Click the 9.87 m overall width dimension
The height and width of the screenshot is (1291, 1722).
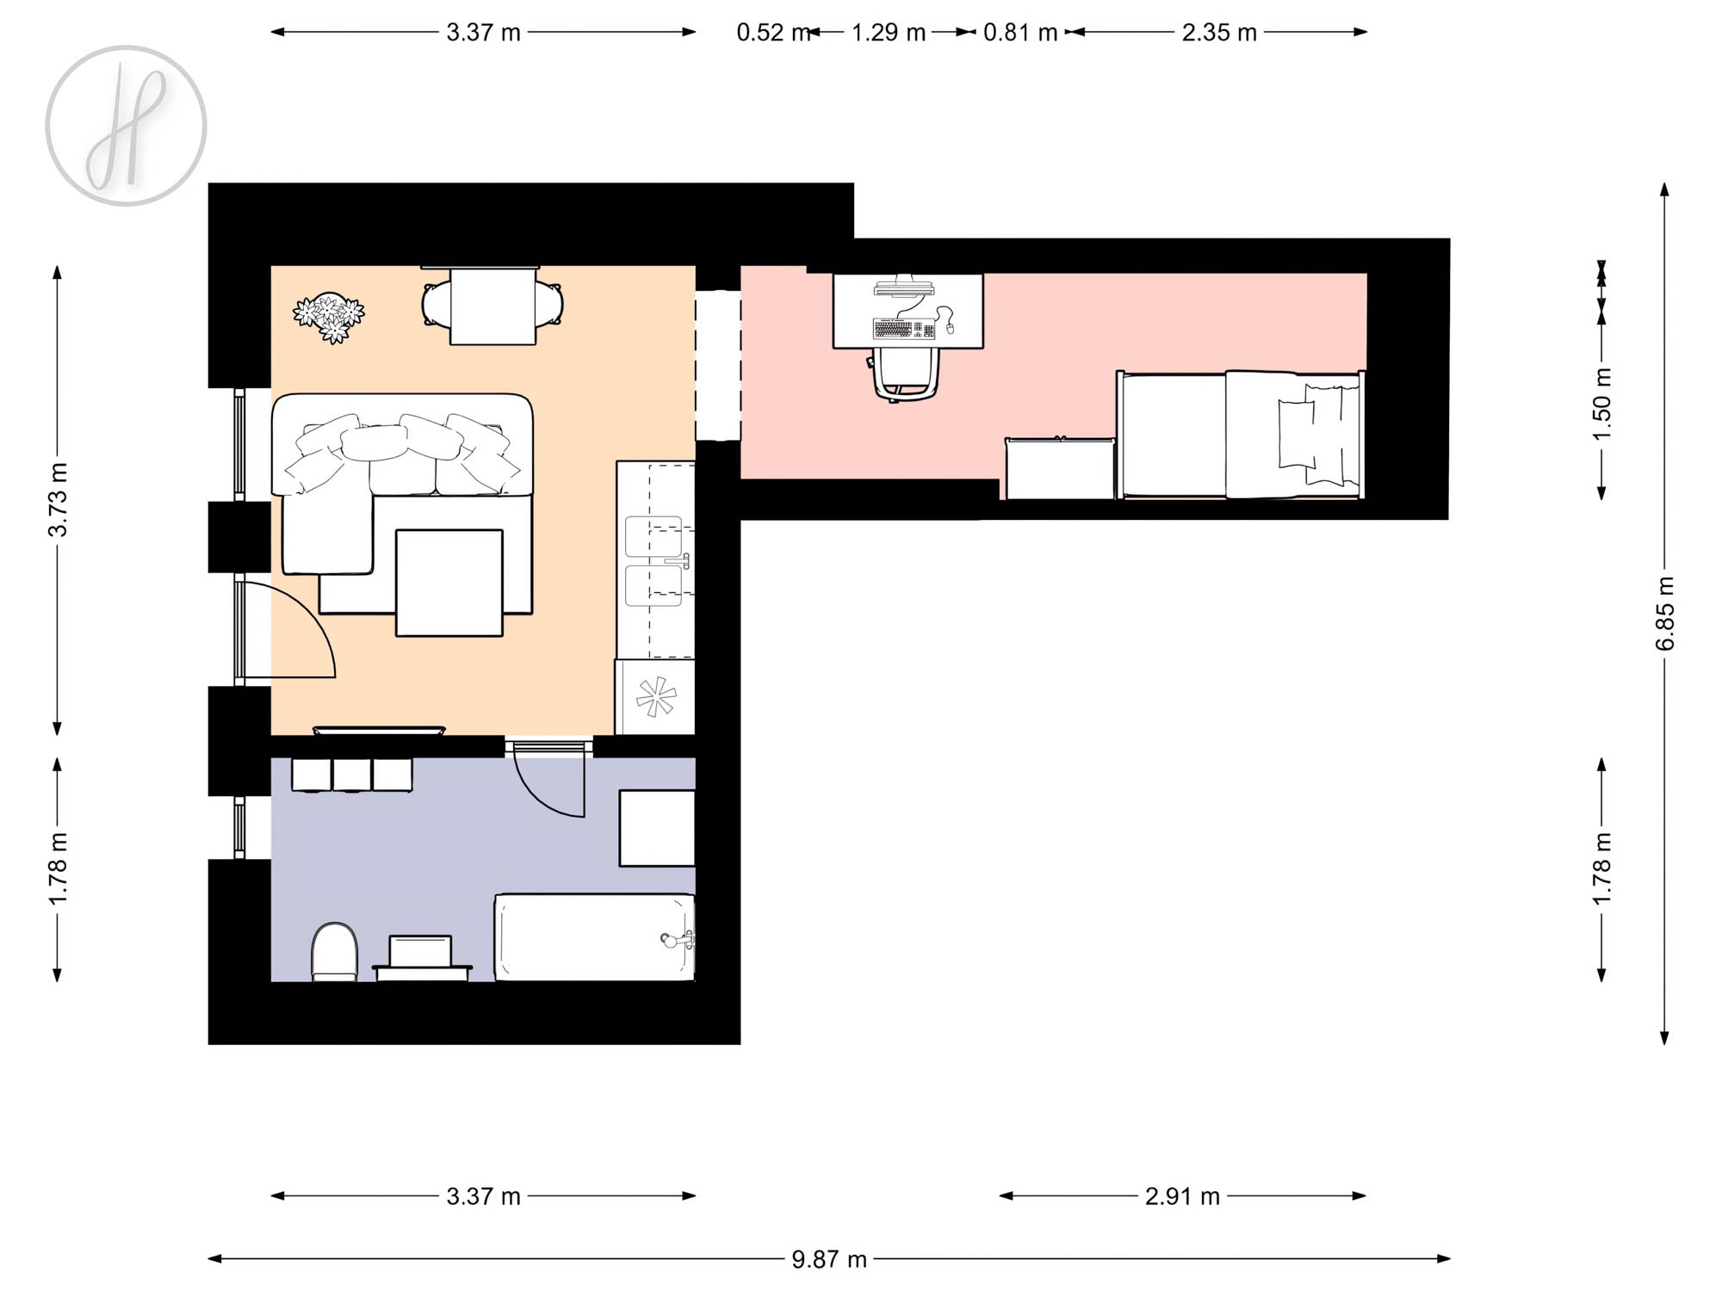[x=829, y=1259]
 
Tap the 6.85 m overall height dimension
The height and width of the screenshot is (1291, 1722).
[x=1666, y=613]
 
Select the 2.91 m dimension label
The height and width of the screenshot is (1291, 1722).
[x=1182, y=1196]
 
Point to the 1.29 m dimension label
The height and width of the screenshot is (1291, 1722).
[x=889, y=33]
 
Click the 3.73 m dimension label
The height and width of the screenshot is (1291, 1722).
[x=58, y=500]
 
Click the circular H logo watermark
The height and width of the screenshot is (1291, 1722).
[x=126, y=126]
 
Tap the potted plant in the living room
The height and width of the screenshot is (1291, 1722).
[x=329, y=317]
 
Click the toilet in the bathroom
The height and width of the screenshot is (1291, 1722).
[x=334, y=952]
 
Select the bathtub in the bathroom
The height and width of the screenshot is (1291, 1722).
[x=595, y=937]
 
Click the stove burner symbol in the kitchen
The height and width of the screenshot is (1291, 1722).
[x=656, y=696]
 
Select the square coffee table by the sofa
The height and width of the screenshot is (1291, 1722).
[x=449, y=584]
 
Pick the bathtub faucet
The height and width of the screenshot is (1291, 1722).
[x=676, y=939]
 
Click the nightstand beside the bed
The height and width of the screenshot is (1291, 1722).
[x=1061, y=468]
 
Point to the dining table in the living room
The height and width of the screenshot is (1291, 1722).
[x=493, y=306]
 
